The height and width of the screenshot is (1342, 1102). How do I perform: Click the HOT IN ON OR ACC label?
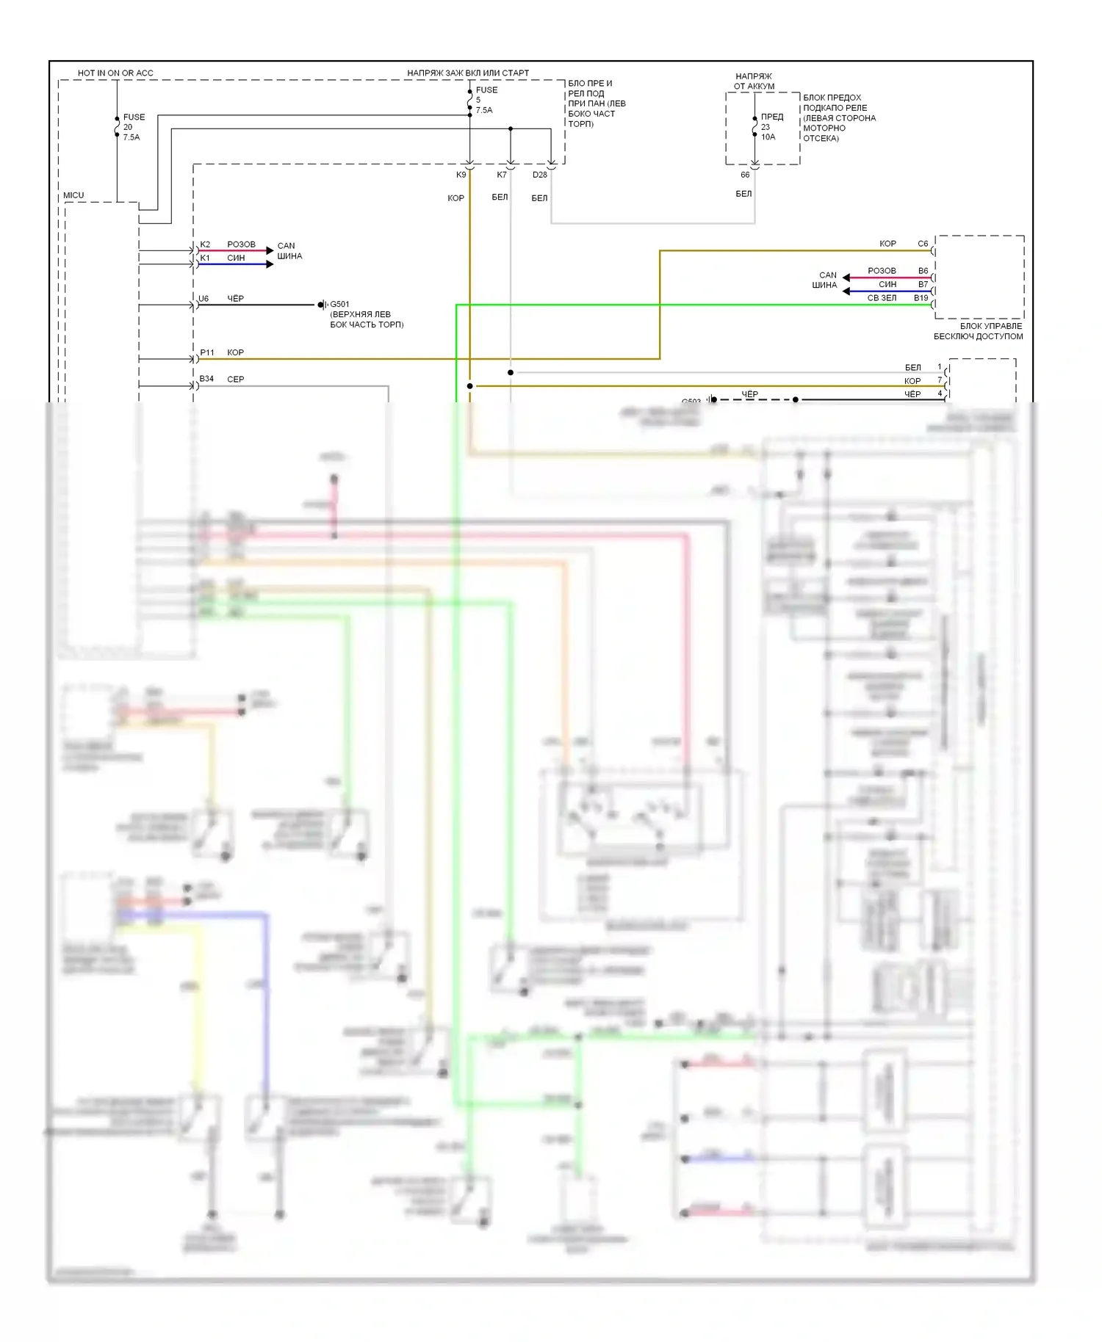(x=115, y=73)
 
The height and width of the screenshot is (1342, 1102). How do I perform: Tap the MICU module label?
(x=73, y=195)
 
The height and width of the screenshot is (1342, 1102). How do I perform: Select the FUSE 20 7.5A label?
(x=133, y=127)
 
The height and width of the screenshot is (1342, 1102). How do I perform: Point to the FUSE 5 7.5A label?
(x=486, y=100)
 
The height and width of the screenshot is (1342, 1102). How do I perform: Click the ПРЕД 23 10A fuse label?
(x=771, y=126)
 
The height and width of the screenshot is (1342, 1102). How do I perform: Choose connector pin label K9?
(x=461, y=175)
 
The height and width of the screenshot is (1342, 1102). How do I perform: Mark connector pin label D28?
(x=540, y=175)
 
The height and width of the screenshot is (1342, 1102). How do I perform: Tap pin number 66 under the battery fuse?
(x=745, y=175)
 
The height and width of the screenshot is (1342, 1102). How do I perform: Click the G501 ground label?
(x=339, y=304)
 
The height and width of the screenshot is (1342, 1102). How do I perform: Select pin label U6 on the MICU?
(x=204, y=299)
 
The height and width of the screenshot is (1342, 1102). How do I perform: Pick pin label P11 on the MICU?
(x=207, y=352)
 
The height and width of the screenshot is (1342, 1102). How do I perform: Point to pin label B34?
(x=206, y=379)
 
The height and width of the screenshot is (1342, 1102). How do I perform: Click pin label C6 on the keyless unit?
(x=923, y=244)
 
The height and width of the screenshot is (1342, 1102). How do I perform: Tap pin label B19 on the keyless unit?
(x=921, y=298)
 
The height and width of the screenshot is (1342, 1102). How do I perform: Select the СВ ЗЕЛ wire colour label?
(x=882, y=298)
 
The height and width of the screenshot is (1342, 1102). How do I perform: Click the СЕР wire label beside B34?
(x=235, y=380)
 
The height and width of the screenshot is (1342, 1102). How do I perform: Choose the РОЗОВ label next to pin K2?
(x=241, y=244)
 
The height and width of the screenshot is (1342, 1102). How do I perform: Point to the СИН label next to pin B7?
(x=887, y=284)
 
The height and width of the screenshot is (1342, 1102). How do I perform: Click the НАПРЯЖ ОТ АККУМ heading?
(x=754, y=81)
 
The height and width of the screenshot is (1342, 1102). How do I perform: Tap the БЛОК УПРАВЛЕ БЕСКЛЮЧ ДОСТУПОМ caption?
(x=979, y=331)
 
